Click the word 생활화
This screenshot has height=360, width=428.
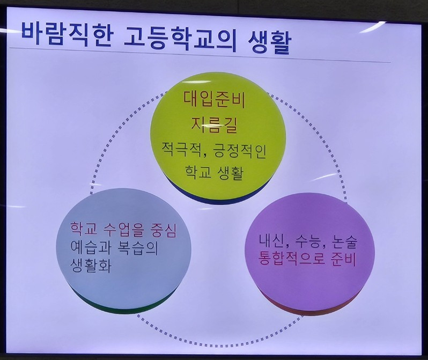pyautogui.click(x=90, y=266)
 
